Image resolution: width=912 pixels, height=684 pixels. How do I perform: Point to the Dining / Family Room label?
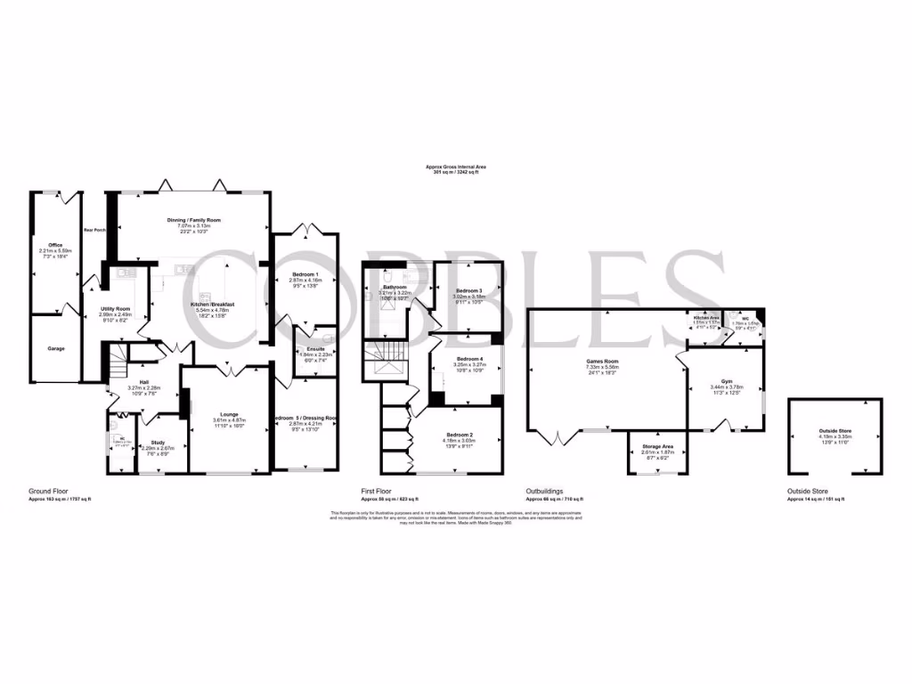click(193, 220)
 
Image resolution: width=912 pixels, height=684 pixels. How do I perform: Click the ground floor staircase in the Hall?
click(120, 362)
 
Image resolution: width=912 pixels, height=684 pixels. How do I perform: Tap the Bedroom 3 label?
click(469, 291)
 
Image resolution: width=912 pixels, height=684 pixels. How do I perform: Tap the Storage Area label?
click(657, 446)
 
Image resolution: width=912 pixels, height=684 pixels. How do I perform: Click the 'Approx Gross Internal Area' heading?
click(455, 167)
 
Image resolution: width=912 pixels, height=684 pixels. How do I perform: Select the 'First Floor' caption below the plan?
click(377, 491)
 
